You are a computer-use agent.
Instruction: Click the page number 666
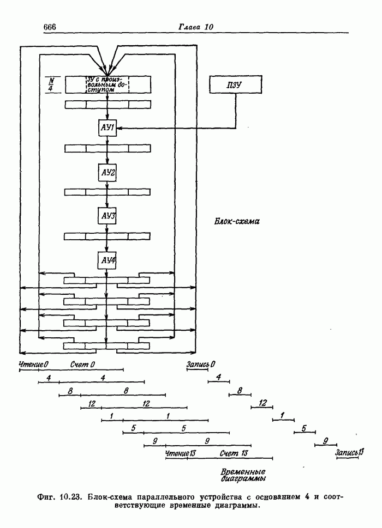coord(50,28)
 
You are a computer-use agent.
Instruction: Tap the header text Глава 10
coord(197,28)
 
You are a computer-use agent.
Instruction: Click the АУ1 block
coord(108,129)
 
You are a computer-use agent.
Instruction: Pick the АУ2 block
coord(108,172)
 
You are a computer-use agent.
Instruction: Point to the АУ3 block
coord(108,216)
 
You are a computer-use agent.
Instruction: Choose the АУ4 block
coord(108,260)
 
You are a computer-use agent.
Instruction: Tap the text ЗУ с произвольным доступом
coord(108,85)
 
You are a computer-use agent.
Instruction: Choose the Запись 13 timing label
coord(349,453)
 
